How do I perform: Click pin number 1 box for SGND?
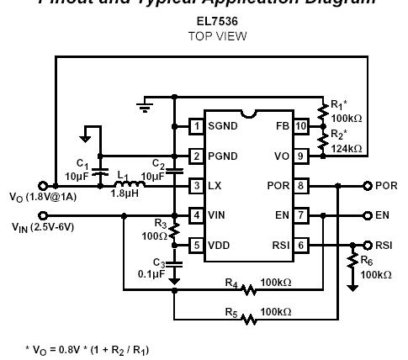[x=196, y=126]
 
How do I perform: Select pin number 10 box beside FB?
[x=300, y=126]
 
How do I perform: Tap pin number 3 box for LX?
[x=196, y=186]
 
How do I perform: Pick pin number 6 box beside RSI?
[x=300, y=245]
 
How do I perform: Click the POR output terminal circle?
[x=368, y=186]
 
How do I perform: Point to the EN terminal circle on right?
[x=368, y=215]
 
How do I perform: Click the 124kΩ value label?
[x=346, y=149]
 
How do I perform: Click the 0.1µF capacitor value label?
[x=152, y=273]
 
